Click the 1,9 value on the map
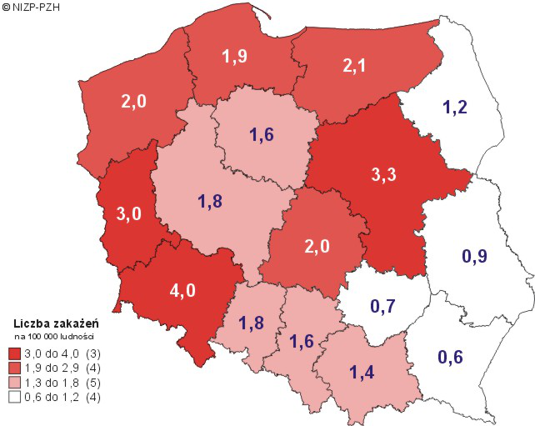coord(235,58)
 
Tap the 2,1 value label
coord(355,64)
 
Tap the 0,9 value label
coord(474,257)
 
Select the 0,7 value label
coord(382,306)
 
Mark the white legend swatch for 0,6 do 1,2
coord(15,398)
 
